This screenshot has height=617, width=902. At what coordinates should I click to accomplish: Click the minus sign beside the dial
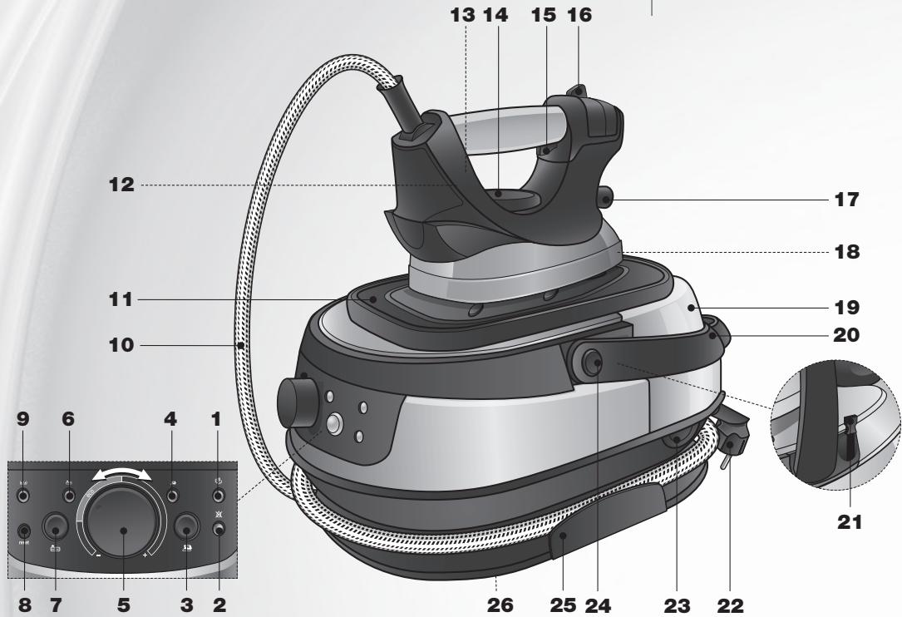[98, 555]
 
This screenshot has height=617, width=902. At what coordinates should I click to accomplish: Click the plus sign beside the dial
[146, 555]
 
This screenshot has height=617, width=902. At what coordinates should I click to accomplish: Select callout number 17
[845, 200]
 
